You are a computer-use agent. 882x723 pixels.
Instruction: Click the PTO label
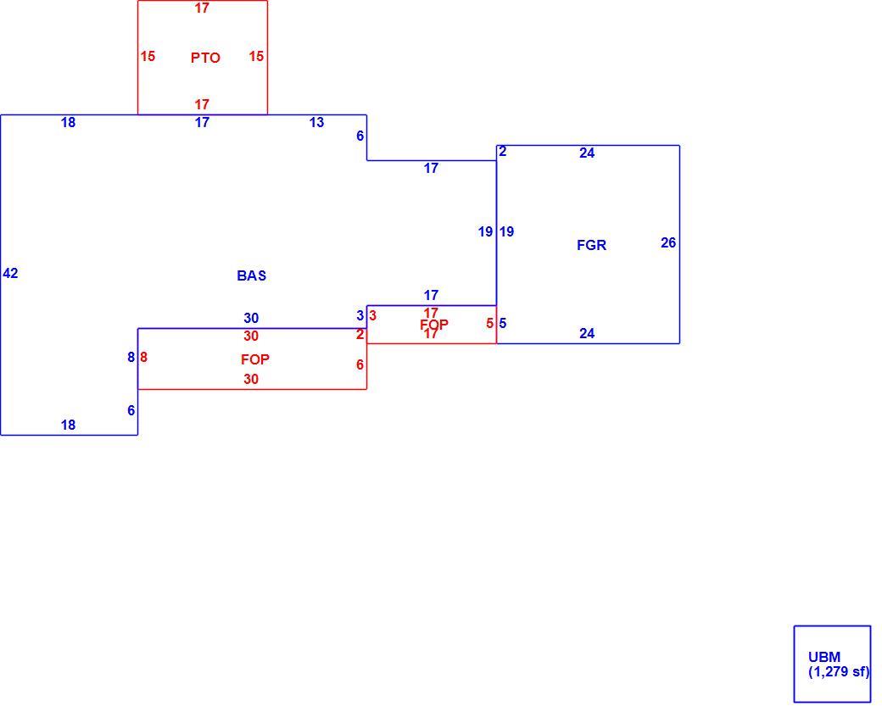(205, 58)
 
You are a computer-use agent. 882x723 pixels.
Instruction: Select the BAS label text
(251, 275)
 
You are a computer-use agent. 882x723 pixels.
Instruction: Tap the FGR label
(592, 245)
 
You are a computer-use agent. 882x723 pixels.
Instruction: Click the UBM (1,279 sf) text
(839, 665)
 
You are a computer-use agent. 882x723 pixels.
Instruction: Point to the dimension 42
(11, 273)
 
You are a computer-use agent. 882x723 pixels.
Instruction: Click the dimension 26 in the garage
(668, 243)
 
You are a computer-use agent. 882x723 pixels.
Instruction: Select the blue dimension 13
(316, 123)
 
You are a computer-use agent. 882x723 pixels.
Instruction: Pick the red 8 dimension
(144, 358)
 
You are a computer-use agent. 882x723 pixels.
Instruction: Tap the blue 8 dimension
(131, 358)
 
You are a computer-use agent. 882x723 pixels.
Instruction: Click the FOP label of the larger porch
(254, 359)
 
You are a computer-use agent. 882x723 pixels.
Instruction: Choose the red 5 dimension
(490, 323)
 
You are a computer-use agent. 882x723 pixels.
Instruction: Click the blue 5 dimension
(503, 323)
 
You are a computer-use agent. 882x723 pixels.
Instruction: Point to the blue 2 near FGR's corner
(502, 151)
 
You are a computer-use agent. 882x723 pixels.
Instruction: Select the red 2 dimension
(360, 335)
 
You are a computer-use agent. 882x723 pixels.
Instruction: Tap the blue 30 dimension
(251, 318)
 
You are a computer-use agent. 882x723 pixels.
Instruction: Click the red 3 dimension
(372, 316)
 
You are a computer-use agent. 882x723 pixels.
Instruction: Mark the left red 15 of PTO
(148, 56)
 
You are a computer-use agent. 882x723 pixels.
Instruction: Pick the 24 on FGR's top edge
(587, 153)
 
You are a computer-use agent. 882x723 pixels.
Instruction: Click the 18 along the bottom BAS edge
(68, 425)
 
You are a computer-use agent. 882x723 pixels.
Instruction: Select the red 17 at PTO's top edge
(202, 8)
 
